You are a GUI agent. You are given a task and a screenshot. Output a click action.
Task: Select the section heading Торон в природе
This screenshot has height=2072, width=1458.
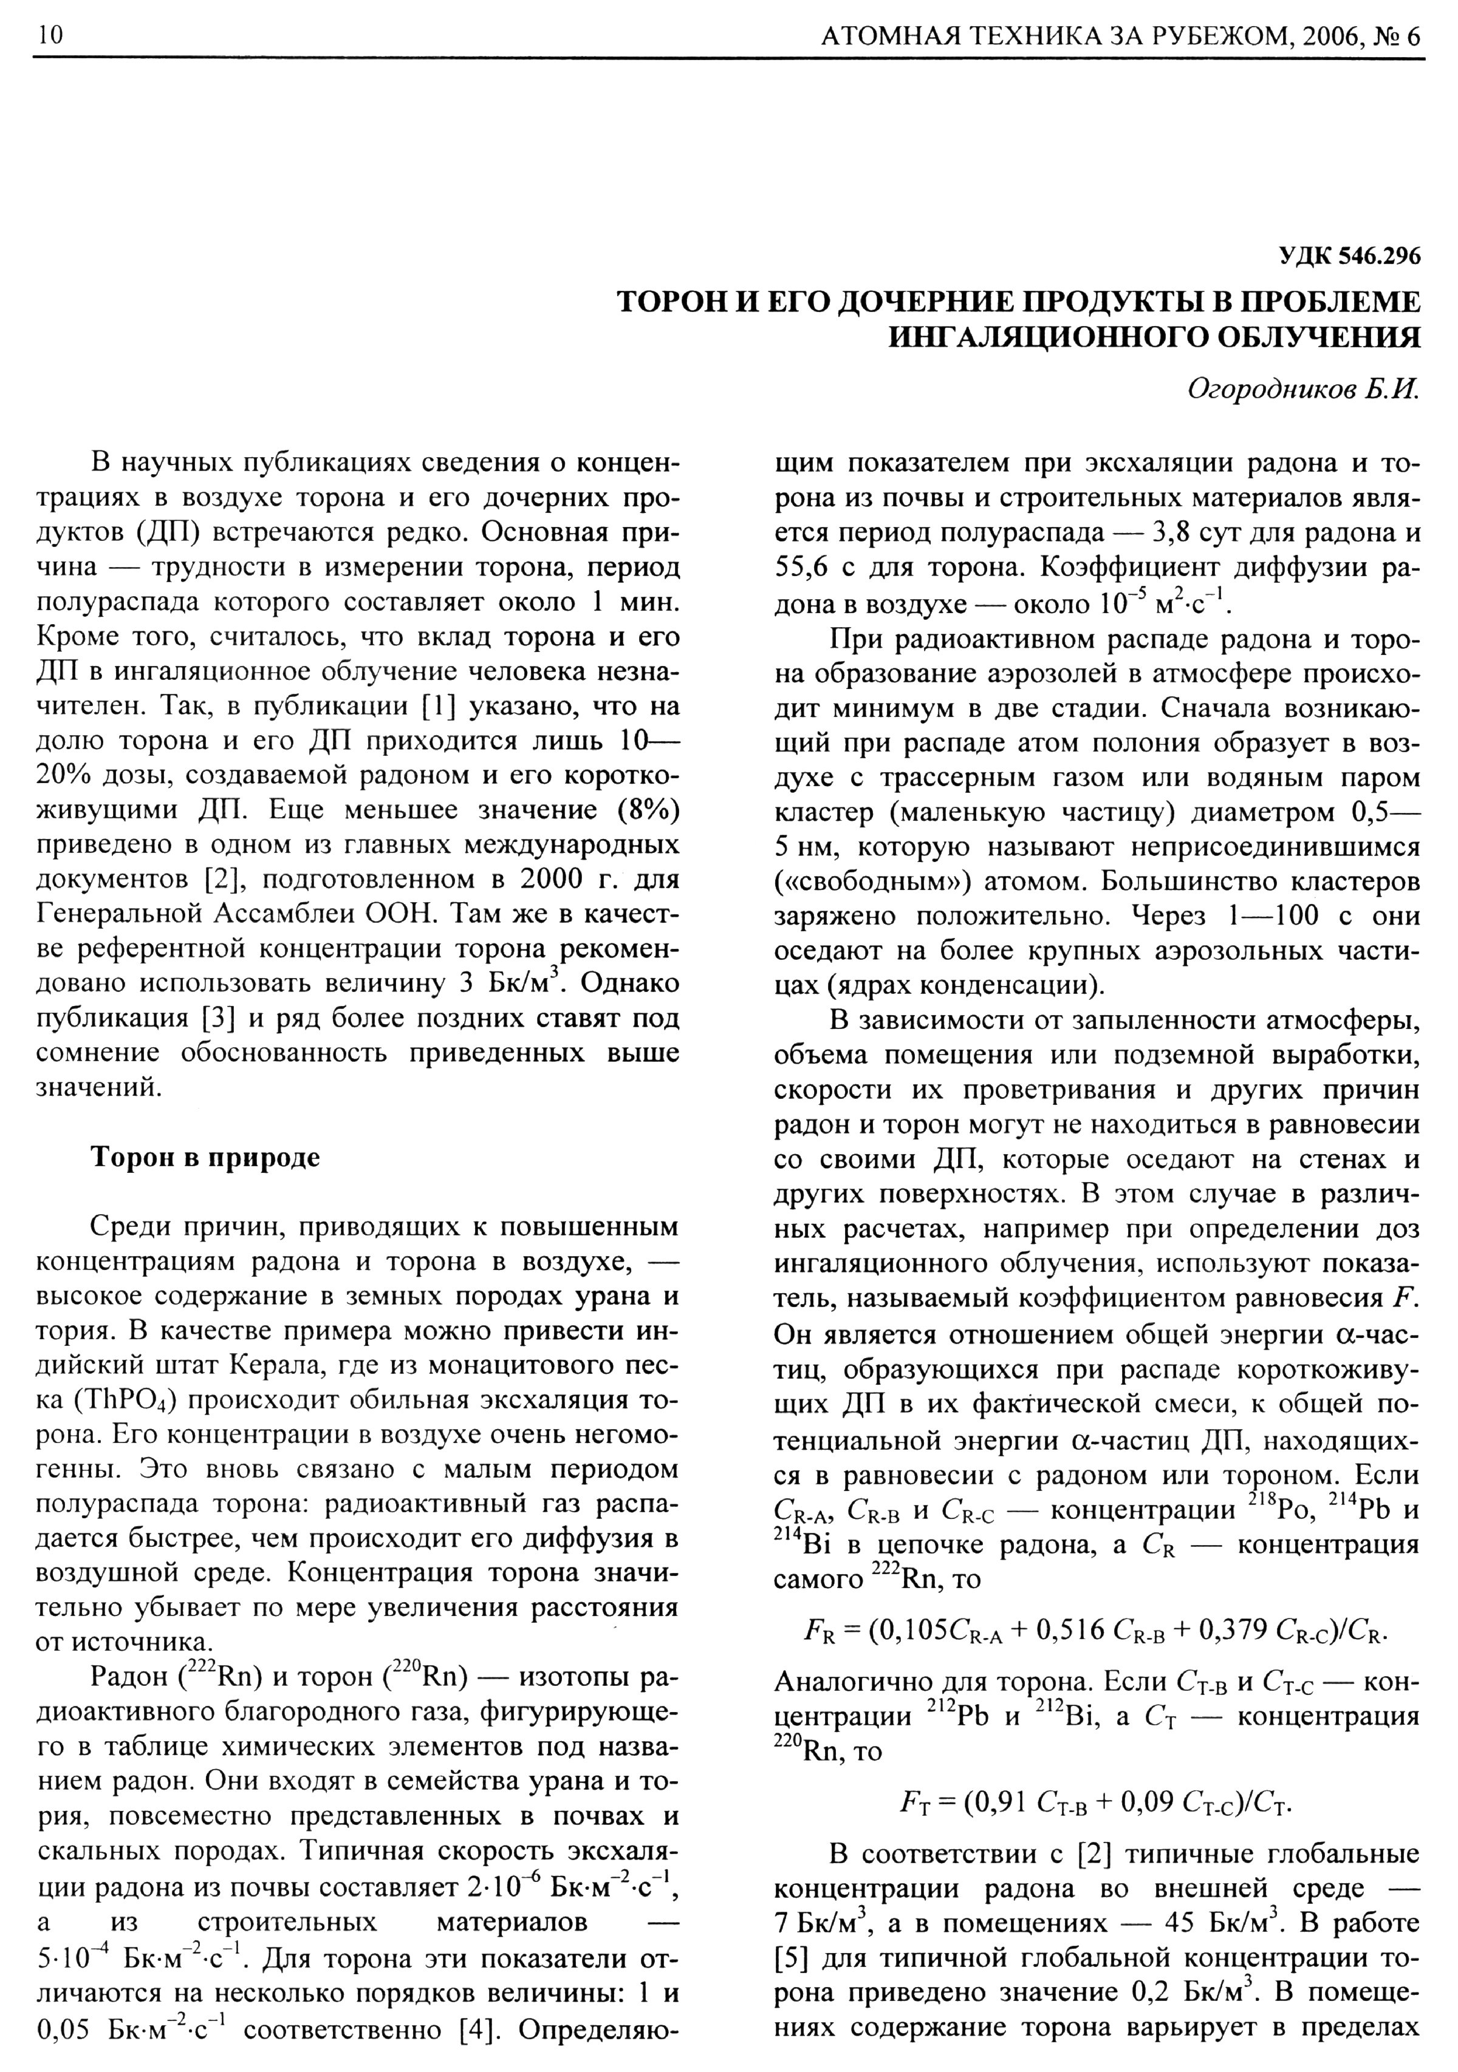pos(206,1157)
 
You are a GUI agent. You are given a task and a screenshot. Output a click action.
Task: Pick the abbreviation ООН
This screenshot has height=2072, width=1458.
pos(403,914)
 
